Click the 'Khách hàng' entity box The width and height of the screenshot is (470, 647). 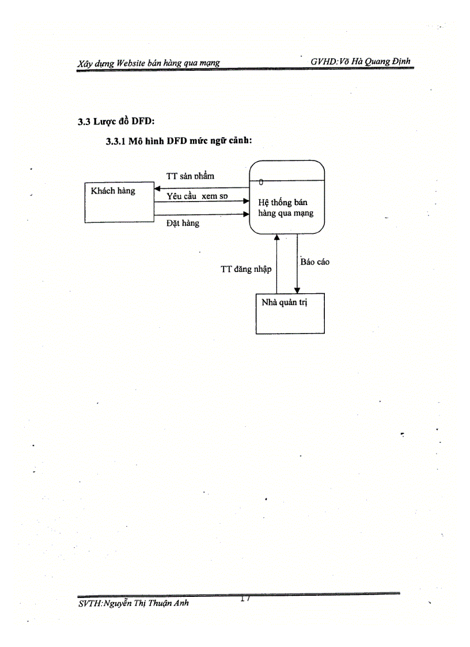(119, 202)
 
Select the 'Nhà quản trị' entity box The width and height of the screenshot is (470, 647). (290, 313)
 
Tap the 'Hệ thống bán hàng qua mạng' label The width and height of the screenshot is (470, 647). (286, 207)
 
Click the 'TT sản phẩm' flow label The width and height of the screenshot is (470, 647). (190, 176)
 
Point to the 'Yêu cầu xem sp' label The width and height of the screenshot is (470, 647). (197, 196)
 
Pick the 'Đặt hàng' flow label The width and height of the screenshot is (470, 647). (183, 223)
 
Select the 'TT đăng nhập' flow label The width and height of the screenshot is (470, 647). (246, 269)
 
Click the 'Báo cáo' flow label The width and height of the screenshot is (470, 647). (315, 262)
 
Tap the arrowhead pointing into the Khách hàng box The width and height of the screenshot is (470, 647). (157, 188)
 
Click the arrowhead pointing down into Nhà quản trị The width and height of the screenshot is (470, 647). (297, 290)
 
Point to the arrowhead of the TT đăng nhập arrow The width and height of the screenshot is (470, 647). (277, 237)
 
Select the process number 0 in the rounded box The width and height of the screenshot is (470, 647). (261, 182)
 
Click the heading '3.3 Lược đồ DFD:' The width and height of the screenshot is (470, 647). (116, 122)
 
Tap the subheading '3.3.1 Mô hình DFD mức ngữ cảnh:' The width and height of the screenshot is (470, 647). (179, 141)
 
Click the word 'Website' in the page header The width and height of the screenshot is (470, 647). (131, 63)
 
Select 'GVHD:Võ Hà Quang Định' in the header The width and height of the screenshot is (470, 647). (361, 62)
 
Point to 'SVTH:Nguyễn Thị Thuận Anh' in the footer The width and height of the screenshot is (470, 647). (134, 603)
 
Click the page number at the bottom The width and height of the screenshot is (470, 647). (245, 599)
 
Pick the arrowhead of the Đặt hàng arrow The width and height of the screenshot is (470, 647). (247, 214)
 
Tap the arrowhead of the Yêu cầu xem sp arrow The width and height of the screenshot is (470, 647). (247, 201)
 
